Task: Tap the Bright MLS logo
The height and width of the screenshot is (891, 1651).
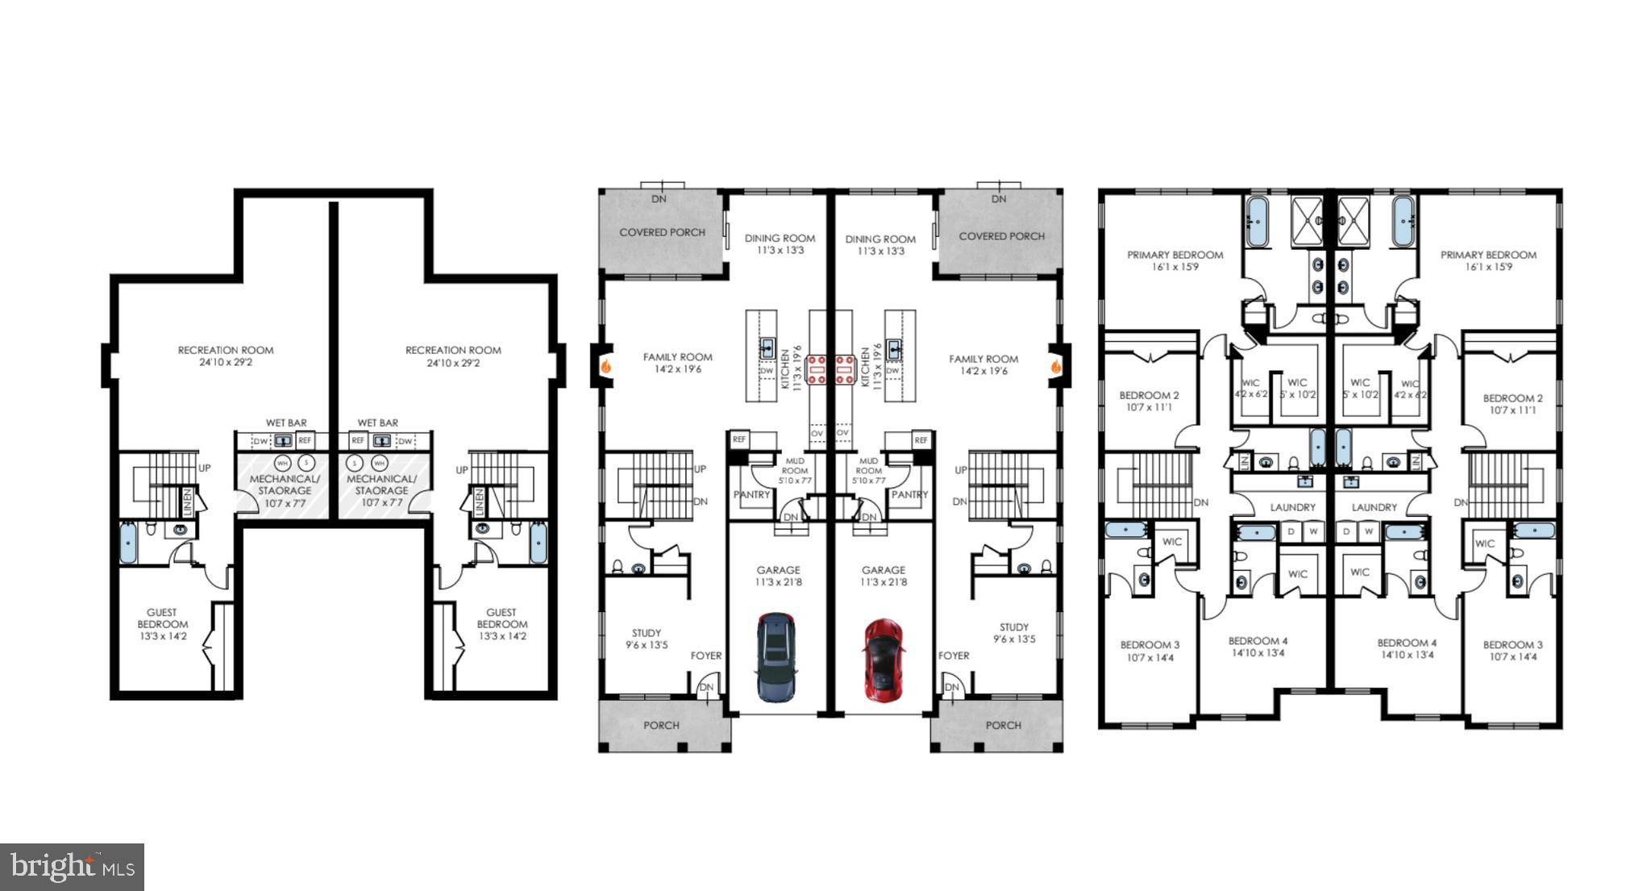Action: tap(72, 867)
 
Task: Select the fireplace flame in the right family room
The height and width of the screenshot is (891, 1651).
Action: tap(1055, 366)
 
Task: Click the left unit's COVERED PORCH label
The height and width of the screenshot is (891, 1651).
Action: tap(662, 232)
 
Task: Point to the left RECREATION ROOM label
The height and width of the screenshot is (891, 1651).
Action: tap(226, 356)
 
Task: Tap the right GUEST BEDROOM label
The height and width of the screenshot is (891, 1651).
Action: tap(501, 624)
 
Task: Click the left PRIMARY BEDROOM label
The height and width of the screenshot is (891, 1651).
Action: tap(1175, 260)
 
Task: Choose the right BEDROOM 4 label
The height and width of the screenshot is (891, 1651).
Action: tap(1407, 648)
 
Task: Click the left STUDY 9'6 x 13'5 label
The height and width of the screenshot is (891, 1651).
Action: tap(647, 639)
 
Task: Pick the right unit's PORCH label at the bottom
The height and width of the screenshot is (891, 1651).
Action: tap(1003, 725)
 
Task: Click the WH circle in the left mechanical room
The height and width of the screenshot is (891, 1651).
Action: tap(281, 463)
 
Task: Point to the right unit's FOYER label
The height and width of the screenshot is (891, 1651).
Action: tap(954, 656)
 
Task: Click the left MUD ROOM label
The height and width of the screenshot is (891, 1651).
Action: tap(794, 470)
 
